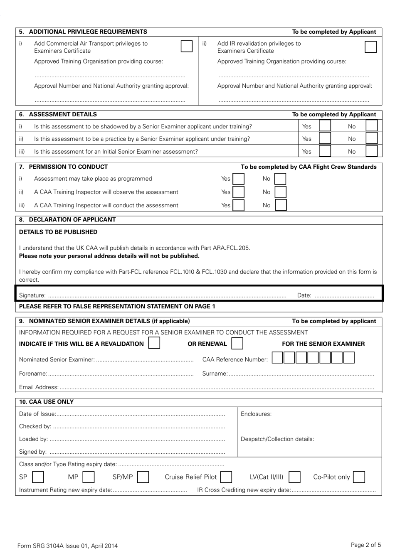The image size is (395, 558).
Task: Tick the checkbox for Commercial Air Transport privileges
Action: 187,46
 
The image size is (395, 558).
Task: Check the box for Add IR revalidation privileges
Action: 370,47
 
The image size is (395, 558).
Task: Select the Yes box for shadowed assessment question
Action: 325,126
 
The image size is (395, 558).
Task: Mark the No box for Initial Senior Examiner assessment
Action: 371,151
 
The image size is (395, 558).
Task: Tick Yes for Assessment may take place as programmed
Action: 238,179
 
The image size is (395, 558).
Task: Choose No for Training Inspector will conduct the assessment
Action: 281,205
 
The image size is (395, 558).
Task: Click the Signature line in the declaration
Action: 166,295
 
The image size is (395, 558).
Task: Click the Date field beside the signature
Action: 344,295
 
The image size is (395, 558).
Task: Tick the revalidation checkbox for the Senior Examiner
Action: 154,343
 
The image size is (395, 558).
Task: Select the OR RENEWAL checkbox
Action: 237,344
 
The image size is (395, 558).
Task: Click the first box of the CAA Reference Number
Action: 277,358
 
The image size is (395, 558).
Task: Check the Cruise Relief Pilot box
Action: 226,477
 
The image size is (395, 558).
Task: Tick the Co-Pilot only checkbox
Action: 359,477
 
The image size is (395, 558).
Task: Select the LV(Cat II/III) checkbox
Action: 294,477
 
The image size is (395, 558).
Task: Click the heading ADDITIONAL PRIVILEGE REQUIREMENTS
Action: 88,32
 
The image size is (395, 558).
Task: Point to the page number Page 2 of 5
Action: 365,545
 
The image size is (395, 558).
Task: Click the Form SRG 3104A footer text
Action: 67,546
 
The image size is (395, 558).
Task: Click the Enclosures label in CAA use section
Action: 256,414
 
